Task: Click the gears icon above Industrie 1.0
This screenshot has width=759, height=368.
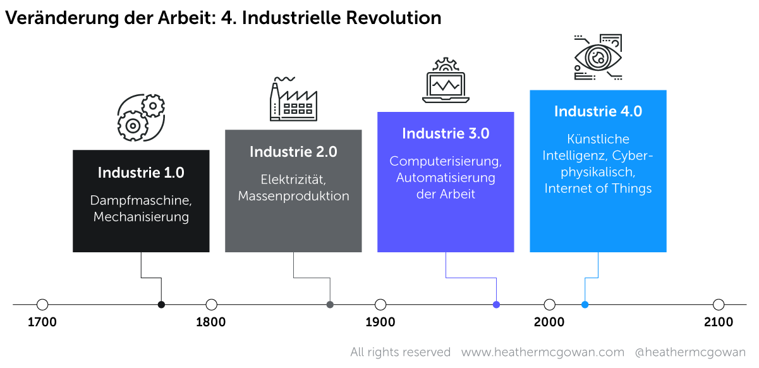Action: pos(141,118)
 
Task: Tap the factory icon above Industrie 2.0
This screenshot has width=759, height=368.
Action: pos(293,99)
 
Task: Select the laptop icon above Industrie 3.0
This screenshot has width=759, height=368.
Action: pos(446,80)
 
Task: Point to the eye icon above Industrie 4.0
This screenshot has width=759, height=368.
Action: pos(598,57)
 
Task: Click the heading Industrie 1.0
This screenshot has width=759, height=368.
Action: pos(141,173)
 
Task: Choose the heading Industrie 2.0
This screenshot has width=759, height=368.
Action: pos(293,152)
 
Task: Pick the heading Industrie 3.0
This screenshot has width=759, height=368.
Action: pos(446,133)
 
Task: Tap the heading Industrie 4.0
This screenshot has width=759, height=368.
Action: pos(598,111)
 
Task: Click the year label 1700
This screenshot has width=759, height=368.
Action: pos(42,322)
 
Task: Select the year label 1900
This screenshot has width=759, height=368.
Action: pos(380,322)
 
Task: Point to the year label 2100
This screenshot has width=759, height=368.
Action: pos(719,322)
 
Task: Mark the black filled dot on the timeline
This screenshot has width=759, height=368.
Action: pos(161,305)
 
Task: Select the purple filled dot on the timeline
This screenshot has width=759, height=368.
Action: pos(496,305)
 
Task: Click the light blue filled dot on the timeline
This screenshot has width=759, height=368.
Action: pos(585,305)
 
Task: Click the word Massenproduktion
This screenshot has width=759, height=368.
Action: pos(293,196)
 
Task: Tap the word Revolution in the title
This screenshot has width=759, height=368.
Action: pos(393,18)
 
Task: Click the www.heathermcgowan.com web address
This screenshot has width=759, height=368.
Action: pos(542,352)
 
